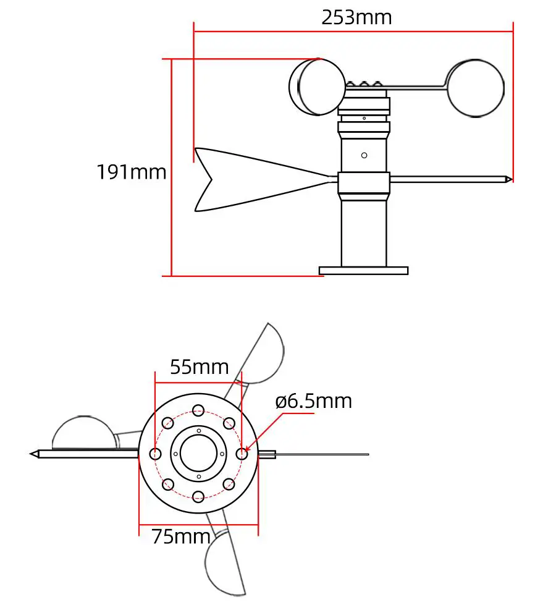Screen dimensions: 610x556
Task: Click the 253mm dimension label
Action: (x=356, y=17)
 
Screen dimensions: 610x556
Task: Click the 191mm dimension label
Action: (x=131, y=171)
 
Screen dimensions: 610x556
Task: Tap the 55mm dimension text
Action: (x=199, y=366)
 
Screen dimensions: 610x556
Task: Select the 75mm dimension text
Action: (x=181, y=536)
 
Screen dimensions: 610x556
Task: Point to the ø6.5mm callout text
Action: (x=313, y=401)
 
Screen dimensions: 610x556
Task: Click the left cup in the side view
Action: (x=317, y=87)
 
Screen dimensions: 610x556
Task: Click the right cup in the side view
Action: (x=475, y=87)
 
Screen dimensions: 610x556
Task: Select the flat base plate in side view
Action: (x=363, y=270)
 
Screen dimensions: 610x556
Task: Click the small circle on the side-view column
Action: (x=364, y=155)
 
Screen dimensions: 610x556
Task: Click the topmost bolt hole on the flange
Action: (x=198, y=410)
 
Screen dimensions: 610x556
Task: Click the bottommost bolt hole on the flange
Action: (x=198, y=496)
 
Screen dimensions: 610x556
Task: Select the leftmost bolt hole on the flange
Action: (x=156, y=454)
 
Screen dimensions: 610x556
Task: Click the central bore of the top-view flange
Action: (x=198, y=453)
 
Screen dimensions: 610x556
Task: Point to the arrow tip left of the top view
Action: (x=33, y=454)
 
